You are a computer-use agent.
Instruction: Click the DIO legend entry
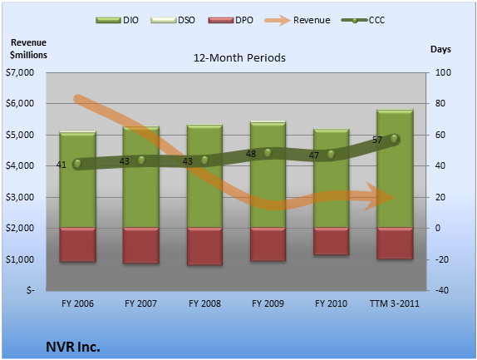117,20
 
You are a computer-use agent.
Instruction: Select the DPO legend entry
230,20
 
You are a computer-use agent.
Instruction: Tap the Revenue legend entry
298,20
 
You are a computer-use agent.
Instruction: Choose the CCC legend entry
363,20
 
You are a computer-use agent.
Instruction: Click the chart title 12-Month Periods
239,58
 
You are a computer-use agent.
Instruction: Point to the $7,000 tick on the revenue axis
20,72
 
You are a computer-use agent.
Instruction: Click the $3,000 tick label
20,197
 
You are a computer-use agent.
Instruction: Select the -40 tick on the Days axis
442,290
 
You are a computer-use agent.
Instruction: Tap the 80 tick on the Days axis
440,103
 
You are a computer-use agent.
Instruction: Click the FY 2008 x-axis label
204,303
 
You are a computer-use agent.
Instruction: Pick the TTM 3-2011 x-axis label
394,303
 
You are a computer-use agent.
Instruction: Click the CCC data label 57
377,140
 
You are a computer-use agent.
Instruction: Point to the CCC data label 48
251,154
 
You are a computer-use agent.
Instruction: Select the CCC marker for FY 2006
77,164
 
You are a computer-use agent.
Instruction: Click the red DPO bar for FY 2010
331,241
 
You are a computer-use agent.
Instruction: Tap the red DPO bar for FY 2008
204,246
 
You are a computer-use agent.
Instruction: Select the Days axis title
440,49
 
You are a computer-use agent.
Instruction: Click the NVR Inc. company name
73,347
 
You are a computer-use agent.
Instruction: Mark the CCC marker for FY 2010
331,155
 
